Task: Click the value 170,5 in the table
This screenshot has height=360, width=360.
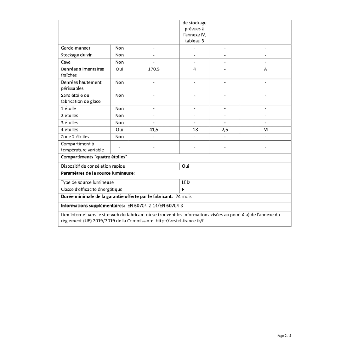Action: (x=154, y=69)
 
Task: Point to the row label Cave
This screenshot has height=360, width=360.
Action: (x=66, y=62)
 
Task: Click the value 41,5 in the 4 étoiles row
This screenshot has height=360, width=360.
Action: (x=154, y=130)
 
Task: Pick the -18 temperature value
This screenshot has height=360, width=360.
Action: (x=194, y=130)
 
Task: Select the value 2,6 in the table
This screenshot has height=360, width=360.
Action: (x=225, y=130)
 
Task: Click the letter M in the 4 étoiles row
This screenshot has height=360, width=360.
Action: (x=265, y=130)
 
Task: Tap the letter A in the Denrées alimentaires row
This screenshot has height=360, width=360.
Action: (x=265, y=69)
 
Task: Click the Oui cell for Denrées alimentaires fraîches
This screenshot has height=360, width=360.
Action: (x=119, y=69)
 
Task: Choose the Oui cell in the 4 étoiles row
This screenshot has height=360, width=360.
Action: (x=119, y=130)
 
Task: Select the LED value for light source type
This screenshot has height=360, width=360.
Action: (x=186, y=182)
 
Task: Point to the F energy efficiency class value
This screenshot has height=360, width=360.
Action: (x=183, y=189)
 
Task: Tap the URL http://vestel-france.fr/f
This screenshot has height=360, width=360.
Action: (x=180, y=221)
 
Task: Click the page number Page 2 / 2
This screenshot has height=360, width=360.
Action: (x=284, y=336)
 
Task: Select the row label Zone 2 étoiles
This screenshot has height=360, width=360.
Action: (x=75, y=137)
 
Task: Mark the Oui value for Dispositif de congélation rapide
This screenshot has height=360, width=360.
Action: (x=186, y=166)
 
